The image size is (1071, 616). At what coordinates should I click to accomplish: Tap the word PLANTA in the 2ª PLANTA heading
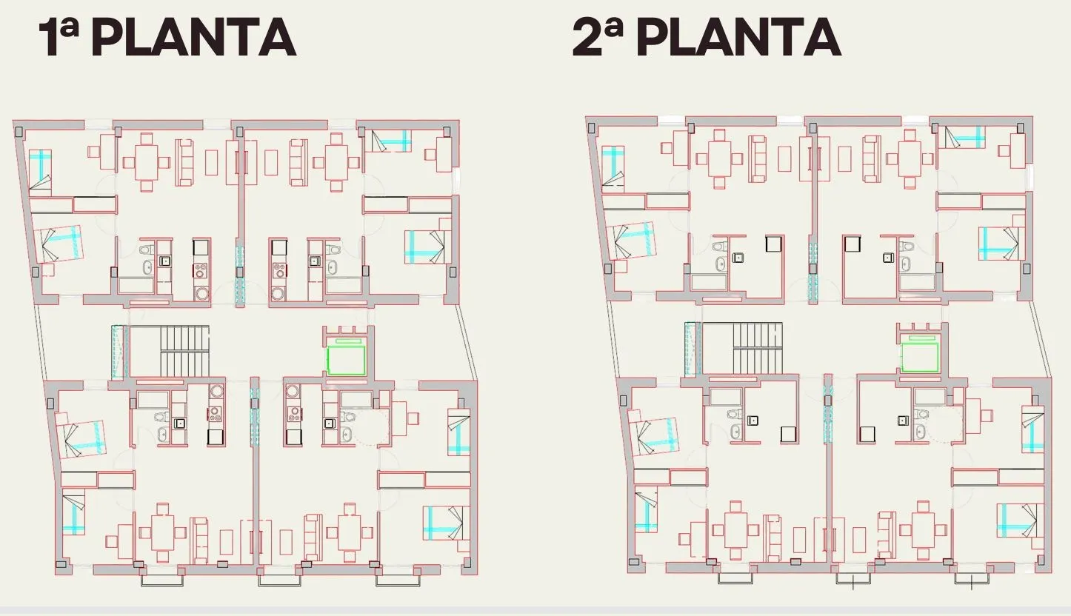click(x=738, y=38)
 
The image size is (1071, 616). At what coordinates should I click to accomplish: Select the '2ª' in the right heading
click(x=598, y=38)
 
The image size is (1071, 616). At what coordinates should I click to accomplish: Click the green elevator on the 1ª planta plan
click(x=346, y=360)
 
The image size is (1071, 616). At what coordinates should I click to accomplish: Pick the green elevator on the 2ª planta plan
click(x=919, y=356)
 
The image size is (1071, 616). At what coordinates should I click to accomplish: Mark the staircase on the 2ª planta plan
click(x=742, y=347)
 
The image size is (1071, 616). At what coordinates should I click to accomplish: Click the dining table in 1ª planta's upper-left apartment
click(x=147, y=162)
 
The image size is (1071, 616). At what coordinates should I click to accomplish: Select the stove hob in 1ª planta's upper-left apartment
click(x=201, y=271)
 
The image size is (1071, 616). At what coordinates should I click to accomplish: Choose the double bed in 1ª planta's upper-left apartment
click(x=59, y=244)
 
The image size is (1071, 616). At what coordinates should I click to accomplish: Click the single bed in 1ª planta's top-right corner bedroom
click(x=391, y=141)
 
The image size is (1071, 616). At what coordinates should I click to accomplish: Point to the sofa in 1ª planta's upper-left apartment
click(x=184, y=162)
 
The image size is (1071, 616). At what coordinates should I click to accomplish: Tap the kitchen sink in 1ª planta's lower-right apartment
click(x=328, y=423)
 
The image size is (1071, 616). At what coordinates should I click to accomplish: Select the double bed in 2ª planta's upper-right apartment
click(x=1001, y=244)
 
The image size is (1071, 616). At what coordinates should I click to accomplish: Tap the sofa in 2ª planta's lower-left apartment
click(x=771, y=538)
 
